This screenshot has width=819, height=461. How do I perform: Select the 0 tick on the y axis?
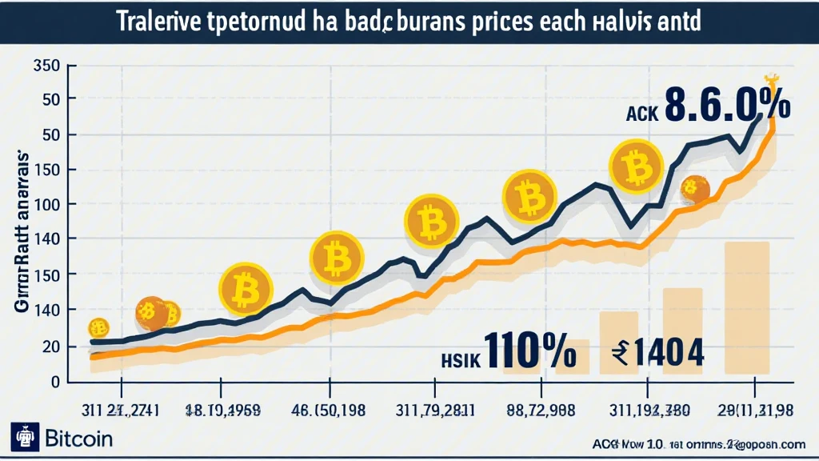(56, 382)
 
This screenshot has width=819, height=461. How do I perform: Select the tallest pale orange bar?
(746, 308)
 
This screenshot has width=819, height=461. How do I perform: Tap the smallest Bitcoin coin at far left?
(98, 327)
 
